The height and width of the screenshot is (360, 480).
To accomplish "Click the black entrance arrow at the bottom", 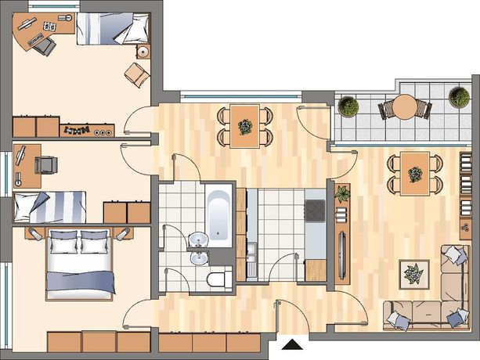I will click(x=292, y=344).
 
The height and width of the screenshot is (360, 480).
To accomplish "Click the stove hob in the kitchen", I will click(x=315, y=210).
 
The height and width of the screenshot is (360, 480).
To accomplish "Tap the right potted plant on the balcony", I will click(x=459, y=96).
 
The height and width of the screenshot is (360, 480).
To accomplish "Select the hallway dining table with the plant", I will click(x=246, y=125).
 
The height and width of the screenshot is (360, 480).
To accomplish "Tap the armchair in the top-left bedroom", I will click(x=138, y=75).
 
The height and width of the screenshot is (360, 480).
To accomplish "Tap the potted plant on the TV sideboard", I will click(x=342, y=192).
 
